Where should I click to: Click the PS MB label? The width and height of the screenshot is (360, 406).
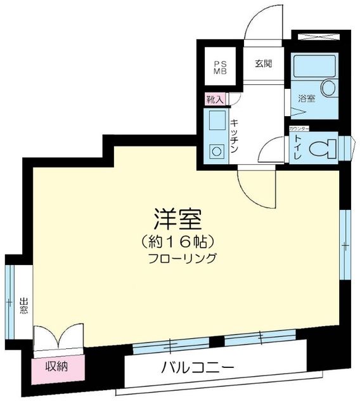tap(219, 68)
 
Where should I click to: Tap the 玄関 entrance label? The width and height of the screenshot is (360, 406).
tap(264, 64)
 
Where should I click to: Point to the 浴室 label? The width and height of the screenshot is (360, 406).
tap(307, 99)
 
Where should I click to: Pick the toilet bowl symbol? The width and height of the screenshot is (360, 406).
tap(323, 148)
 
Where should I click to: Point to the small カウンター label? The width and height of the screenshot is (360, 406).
tap(299, 129)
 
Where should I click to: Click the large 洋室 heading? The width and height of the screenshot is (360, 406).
tap(177, 219)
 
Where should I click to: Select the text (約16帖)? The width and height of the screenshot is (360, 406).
tap(177, 241)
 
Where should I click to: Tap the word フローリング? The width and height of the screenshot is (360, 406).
tap(183, 259)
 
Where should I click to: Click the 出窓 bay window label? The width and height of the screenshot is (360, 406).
tap(23, 307)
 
